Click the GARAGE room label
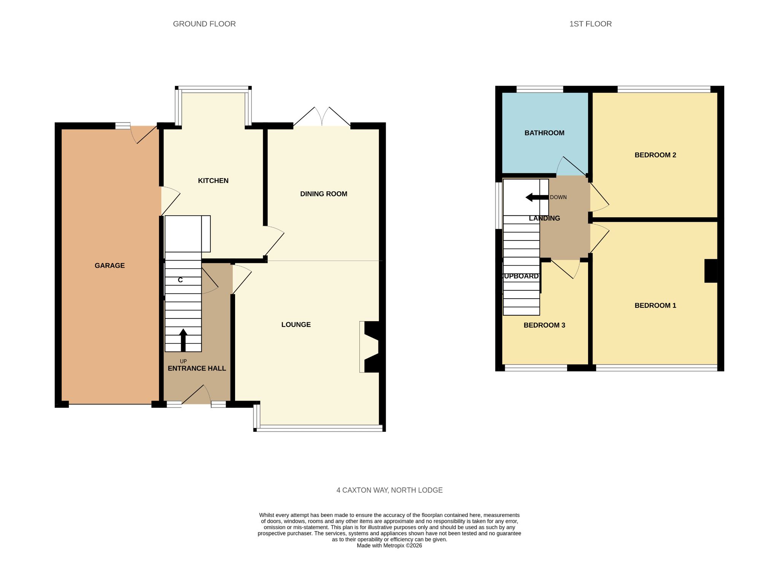click(x=110, y=266)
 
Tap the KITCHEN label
click(x=213, y=181)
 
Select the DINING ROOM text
click(x=324, y=194)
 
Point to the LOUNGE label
click(x=296, y=325)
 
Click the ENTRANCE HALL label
click(x=197, y=368)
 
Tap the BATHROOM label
click(x=544, y=133)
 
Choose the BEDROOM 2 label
click(x=655, y=155)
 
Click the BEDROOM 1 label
click(x=655, y=306)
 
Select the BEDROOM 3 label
click(x=544, y=325)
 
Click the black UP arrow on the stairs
click(x=183, y=340)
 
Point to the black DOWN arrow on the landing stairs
click(x=537, y=197)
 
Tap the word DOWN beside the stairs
click(x=558, y=197)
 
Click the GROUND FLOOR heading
click(x=204, y=24)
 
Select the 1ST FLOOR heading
click(x=590, y=24)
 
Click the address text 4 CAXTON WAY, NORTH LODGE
click(x=389, y=490)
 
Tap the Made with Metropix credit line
click(x=389, y=546)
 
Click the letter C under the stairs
click(x=180, y=280)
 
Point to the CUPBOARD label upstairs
click(x=520, y=276)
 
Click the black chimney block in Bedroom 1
click(x=711, y=271)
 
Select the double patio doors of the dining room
click(x=322, y=116)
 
